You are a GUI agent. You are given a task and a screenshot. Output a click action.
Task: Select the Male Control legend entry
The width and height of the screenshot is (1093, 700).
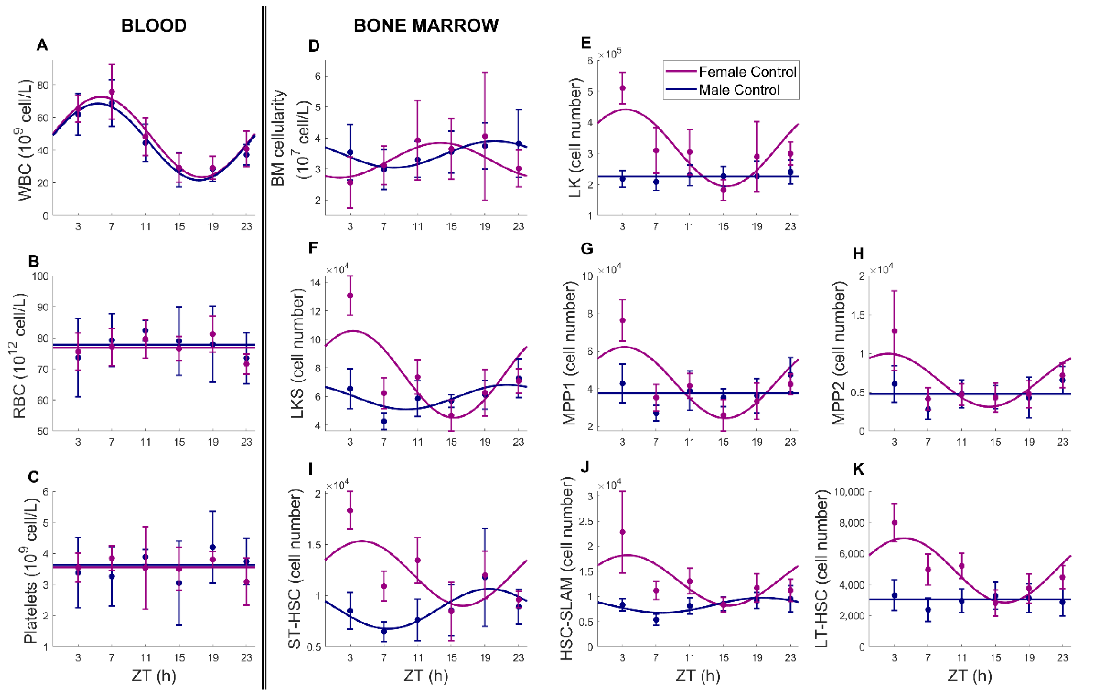(723, 90)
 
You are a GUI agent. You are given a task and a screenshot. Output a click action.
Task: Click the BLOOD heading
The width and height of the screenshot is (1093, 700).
(154, 26)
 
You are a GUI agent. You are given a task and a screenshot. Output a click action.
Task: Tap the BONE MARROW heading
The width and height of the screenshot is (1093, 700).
(426, 26)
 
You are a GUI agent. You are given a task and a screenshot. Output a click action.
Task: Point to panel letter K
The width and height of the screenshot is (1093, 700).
(858, 469)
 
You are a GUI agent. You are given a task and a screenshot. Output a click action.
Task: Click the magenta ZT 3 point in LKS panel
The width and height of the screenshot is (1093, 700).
(350, 296)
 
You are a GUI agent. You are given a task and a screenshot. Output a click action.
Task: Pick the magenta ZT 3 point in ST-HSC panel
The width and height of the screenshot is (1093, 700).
(350, 510)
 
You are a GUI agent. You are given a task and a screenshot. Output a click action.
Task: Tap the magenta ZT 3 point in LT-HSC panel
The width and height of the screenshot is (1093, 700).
(894, 523)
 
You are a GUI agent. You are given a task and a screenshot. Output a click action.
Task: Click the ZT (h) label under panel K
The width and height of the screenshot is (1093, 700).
(970, 676)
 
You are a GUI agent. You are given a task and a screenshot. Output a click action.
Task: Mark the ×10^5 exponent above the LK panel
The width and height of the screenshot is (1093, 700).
(610, 54)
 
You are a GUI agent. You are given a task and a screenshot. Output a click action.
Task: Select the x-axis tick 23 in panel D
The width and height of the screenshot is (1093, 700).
(519, 226)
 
